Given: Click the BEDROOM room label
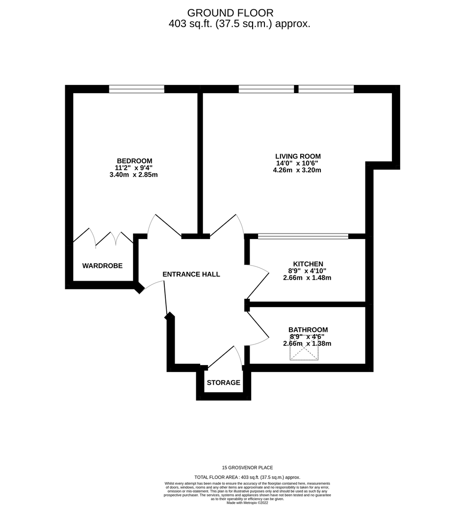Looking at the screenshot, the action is (134, 161).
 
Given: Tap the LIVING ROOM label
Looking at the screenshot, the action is (298, 156).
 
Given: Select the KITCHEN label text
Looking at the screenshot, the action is (308, 264).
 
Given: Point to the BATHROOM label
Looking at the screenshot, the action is (308, 330).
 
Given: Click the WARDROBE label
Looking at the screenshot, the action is (103, 266).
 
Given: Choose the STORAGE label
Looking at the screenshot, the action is (223, 383).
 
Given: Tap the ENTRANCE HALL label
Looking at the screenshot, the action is (191, 274).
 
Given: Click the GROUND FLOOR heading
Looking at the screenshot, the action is (230, 13).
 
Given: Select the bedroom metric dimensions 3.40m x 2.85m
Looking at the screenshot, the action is (134, 175).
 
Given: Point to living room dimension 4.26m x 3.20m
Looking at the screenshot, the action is (297, 170).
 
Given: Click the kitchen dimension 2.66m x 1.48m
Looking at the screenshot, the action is (307, 278).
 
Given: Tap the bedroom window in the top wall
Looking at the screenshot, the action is (136, 89).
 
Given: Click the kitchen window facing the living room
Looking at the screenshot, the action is (303, 236).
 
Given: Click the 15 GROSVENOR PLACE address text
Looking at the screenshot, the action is (247, 468).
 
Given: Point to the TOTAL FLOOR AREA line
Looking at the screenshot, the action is (247, 477).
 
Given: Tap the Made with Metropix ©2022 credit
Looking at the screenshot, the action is (247, 503).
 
